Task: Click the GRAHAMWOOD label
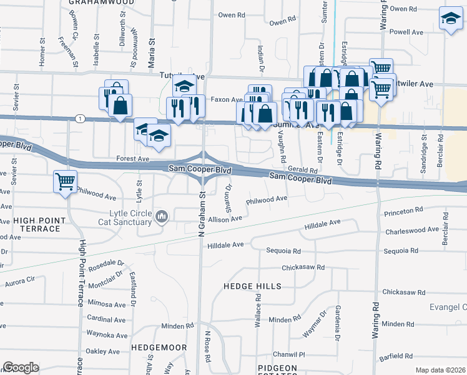point(101,2)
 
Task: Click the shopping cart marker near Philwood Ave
point(65,181)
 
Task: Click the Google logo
point(21,367)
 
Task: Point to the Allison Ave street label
point(225,219)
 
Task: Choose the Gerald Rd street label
point(303,169)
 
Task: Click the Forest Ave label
point(133,159)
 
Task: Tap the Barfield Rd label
point(396,356)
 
